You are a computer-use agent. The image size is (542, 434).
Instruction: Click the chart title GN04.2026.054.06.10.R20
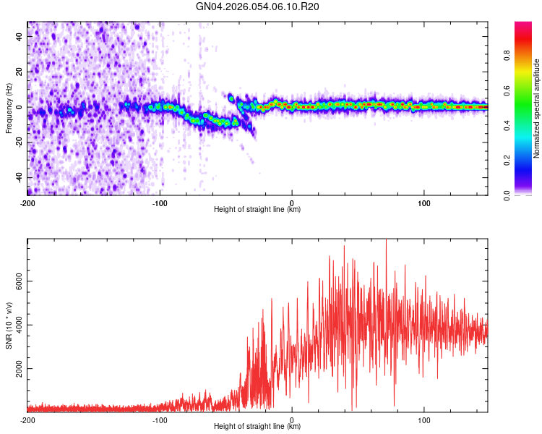coord(258,7)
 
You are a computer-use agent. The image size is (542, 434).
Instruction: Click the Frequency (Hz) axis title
coord(9,109)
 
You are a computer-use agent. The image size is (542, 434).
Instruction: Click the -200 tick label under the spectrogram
coord(27,203)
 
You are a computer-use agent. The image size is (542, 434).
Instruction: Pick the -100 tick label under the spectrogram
coord(160,203)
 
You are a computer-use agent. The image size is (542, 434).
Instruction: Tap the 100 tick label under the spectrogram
coord(424,203)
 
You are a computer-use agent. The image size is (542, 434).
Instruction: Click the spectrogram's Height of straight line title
coord(257,210)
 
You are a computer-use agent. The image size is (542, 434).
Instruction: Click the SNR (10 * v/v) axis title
coord(9,325)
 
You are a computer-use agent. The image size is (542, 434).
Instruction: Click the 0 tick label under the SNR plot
coord(292,420)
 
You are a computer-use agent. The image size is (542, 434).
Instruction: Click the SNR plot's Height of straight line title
coord(257,427)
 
